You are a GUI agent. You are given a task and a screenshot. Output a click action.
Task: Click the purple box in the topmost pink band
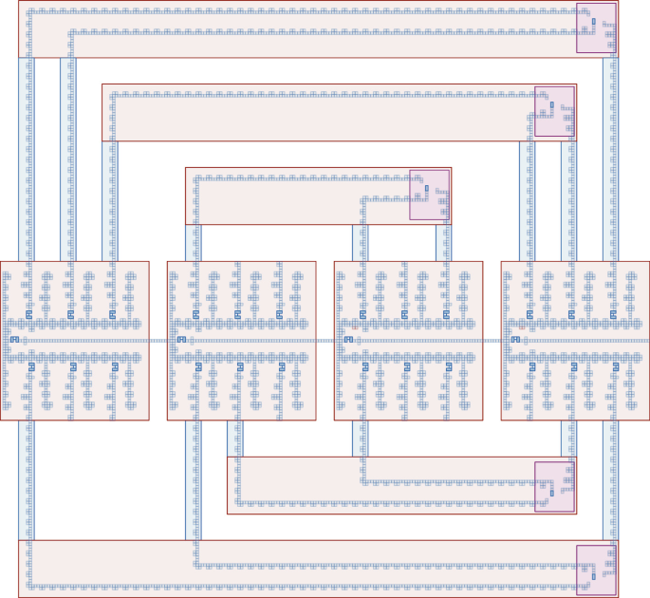click(596, 28)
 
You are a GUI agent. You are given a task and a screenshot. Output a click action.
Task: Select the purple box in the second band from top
click(554, 111)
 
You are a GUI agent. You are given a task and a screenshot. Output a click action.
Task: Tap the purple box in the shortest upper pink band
click(428, 195)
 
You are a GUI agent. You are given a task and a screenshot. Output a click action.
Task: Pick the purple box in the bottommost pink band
click(596, 570)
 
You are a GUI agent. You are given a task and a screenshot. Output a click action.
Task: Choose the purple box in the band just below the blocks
click(554, 487)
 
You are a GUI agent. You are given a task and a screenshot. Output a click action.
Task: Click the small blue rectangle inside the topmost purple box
click(593, 21)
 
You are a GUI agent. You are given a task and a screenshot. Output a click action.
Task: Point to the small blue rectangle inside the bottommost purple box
click(593, 575)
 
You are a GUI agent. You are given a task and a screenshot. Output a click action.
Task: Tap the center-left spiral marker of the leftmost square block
click(14, 339)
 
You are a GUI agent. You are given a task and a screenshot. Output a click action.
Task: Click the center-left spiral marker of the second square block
click(181, 339)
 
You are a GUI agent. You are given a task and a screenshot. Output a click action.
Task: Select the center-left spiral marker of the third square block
click(348, 339)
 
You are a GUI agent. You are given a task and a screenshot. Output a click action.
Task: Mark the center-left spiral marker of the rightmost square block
click(515, 339)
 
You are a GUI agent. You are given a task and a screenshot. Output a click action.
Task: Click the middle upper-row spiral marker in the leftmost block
click(70, 313)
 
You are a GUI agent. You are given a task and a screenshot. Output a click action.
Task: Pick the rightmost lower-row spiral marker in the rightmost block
click(616, 365)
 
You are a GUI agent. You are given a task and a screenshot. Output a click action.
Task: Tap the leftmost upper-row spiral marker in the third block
click(363, 313)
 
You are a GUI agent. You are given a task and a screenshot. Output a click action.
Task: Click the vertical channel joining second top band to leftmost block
click(111, 200)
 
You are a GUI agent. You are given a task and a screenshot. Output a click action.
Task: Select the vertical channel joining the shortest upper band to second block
click(194, 242)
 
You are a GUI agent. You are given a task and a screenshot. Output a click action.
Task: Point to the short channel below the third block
click(360, 439)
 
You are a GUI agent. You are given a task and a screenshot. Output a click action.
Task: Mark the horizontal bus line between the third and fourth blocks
click(492, 340)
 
